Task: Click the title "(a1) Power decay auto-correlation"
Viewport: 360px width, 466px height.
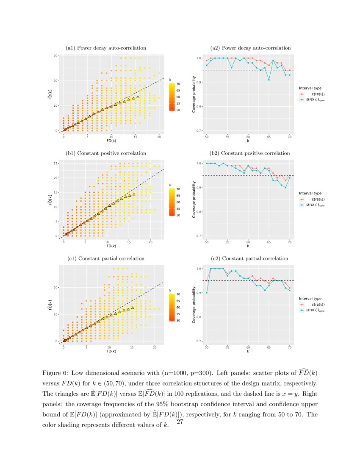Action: tap(106, 48)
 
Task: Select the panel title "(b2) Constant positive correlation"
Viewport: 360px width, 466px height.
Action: tap(250, 153)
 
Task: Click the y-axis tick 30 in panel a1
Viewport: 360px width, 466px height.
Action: tap(55, 55)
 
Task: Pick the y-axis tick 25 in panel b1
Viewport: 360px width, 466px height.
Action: tap(55, 163)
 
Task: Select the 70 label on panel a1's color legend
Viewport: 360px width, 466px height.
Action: tap(178, 84)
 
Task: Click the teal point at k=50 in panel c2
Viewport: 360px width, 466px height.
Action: tap(207, 293)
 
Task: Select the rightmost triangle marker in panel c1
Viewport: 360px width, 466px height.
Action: tap(133, 308)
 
